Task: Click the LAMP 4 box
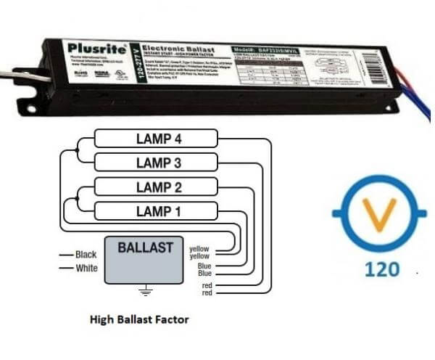pyautogui.click(x=157, y=138)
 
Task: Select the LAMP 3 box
pyautogui.click(x=157, y=161)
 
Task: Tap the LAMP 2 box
pyautogui.click(x=157, y=187)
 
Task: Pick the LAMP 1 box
pyautogui.click(x=157, y=212)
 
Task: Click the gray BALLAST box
pyautogui.click(x=145, y=260)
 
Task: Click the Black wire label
pyautogui.click(x=86, y=255)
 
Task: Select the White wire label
pyautogui.click(x=86, y=268)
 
